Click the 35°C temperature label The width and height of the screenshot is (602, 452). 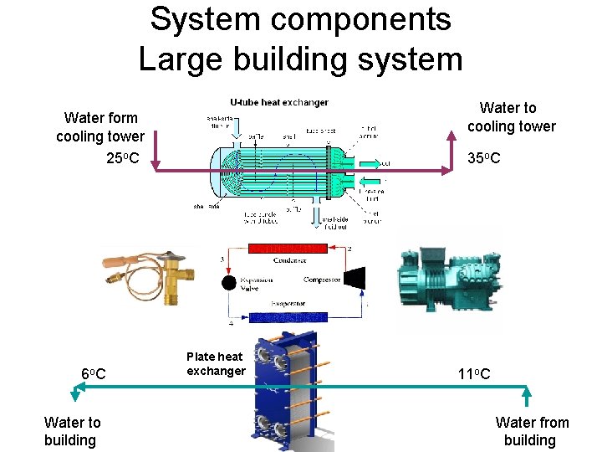click(x=484, y=157)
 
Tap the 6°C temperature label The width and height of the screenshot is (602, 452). click(x=93, y=373)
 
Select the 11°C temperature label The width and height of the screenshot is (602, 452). click(x=473, y=373)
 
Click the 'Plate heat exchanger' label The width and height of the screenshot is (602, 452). click(x=215, y=364)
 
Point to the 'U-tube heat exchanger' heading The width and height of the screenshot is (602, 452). click(x=279, y=102)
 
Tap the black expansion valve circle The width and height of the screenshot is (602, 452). click(x=228, y=282)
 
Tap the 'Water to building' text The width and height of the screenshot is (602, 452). click(x=72, y=431)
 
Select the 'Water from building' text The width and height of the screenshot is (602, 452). click(x=532, y=431)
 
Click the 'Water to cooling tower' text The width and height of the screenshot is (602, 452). click(x=511, y=117)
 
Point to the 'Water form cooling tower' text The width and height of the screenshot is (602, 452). click(x=100, y=127)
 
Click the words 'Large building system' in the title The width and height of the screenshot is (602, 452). click(x=300, y=59)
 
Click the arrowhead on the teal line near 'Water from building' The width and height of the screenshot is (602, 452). click(x=527, y=390)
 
